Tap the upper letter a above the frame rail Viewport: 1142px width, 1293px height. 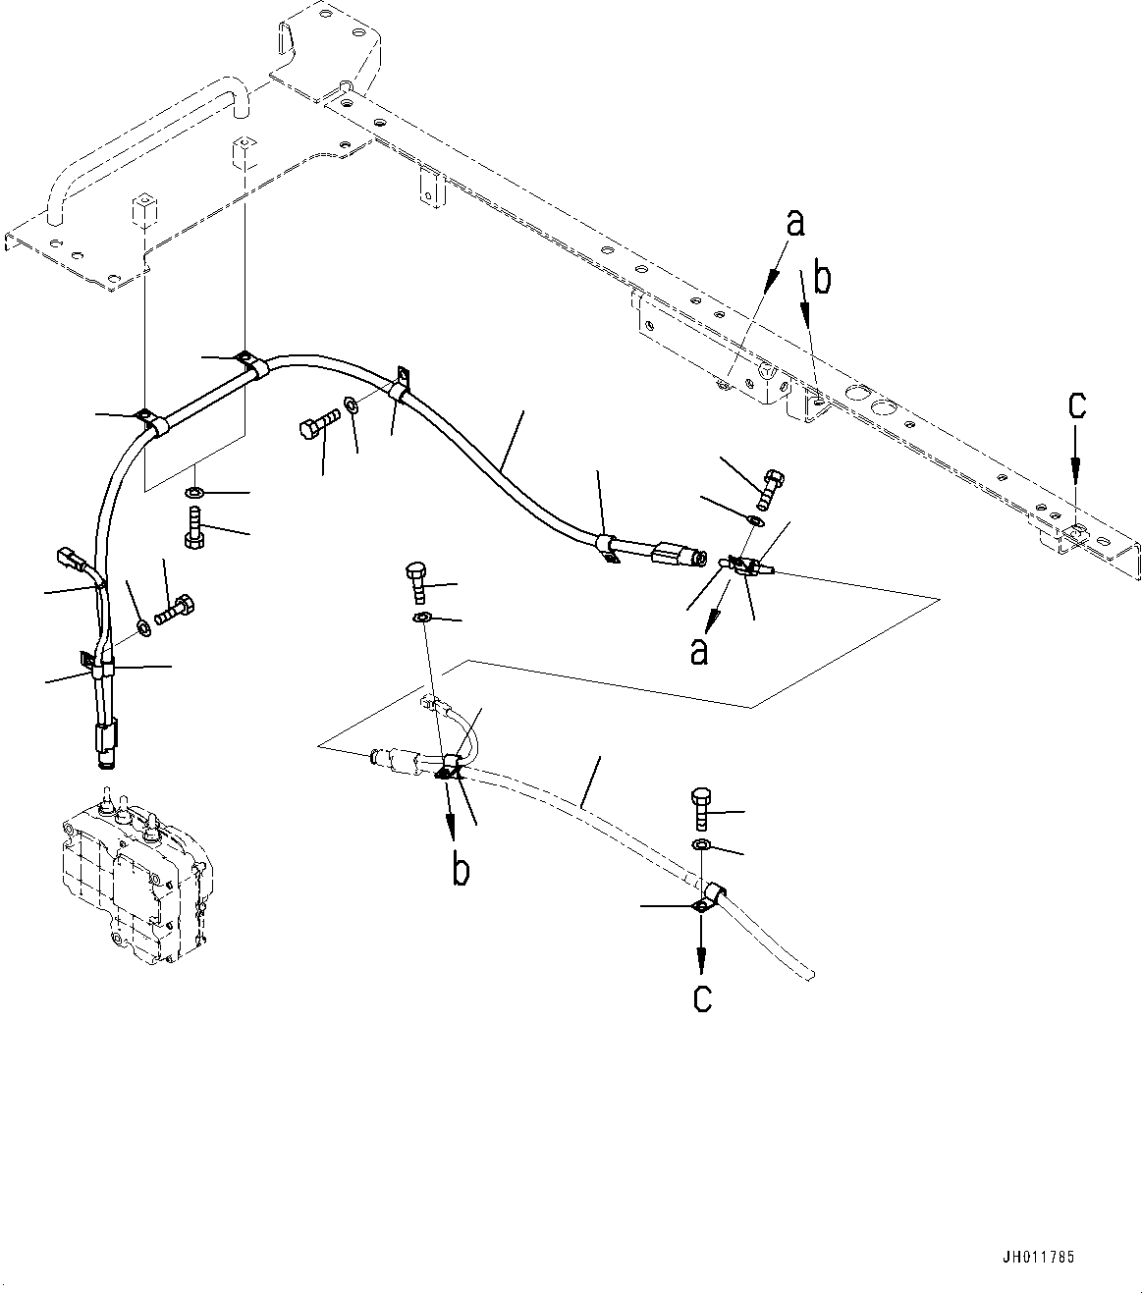click(795, 223)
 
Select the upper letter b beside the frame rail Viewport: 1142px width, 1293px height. click(822, 280)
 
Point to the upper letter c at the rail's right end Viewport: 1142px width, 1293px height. click(1076, 405)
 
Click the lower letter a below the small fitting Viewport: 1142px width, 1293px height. click(699, 649)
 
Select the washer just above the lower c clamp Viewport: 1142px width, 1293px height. click(700, 845)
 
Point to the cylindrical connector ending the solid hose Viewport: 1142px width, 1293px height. click(678, 557)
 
